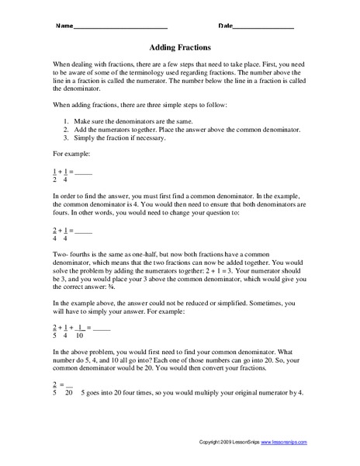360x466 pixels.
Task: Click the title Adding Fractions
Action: click(180, 47)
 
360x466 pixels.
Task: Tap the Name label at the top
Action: click(63, 26)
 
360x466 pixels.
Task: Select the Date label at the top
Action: click(225, 26)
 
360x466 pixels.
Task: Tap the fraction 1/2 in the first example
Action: click(54, 175)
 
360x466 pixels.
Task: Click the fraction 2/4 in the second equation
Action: click(54, 235)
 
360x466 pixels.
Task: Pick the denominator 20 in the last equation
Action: click(68, 391)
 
